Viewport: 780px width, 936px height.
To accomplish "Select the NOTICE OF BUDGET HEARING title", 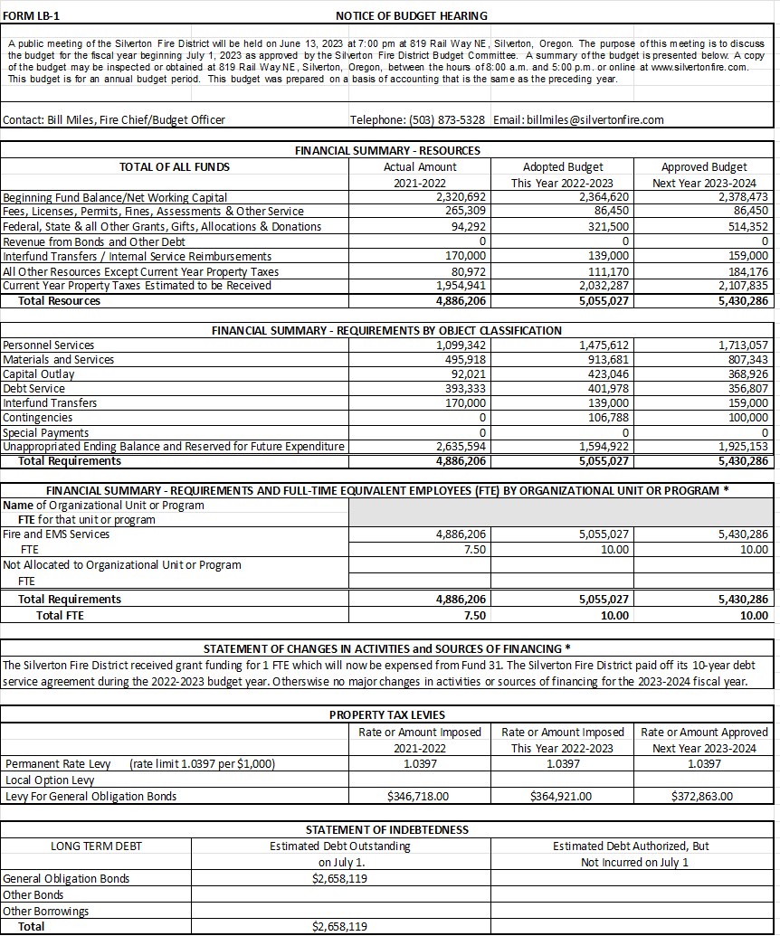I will point(411,16).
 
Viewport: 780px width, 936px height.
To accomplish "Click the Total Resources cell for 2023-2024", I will point(740,301).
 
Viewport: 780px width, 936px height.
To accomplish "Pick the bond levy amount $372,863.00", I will point(702,797).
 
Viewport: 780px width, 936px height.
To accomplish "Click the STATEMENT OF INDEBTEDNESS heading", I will point(386,830).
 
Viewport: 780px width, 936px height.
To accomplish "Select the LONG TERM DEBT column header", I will point(96,846).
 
